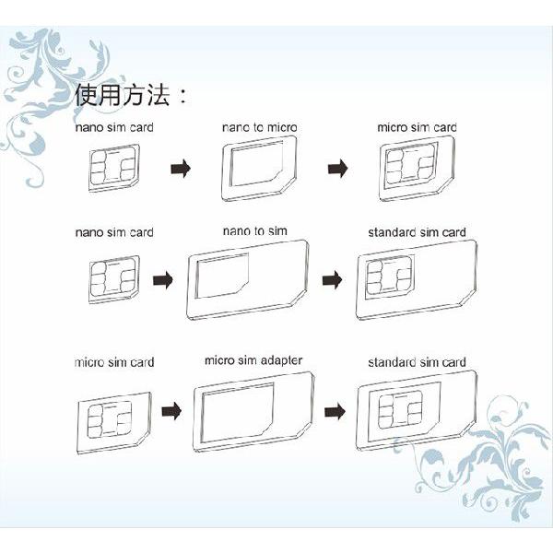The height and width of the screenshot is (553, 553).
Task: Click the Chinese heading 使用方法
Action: click(x=132, y=95)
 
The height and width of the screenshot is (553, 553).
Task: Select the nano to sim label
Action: click(x=253, y=230)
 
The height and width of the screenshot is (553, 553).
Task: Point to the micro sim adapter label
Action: click(x=253, y=359)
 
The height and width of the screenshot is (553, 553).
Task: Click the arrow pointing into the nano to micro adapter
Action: click(x=182, y=169)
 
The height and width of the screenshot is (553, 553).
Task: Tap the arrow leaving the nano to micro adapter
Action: click(x=338, y=169)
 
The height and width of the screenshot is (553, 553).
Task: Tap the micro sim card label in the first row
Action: click(x=417, y=126)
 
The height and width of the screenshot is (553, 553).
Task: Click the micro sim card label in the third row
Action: click(x=114, y=362)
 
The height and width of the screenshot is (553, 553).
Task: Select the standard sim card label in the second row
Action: click(x=417, y=232)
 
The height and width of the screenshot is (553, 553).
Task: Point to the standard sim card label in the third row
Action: click(x=417, y=362)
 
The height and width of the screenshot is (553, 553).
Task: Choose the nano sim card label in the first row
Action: click(x=114, y=126)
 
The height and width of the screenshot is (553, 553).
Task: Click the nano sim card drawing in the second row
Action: click(x=112, y=277)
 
